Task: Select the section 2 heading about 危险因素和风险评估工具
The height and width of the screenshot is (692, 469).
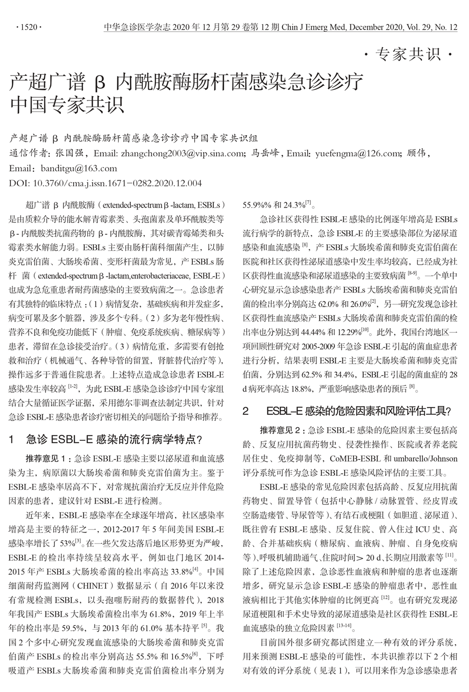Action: (x=347, y=411)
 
